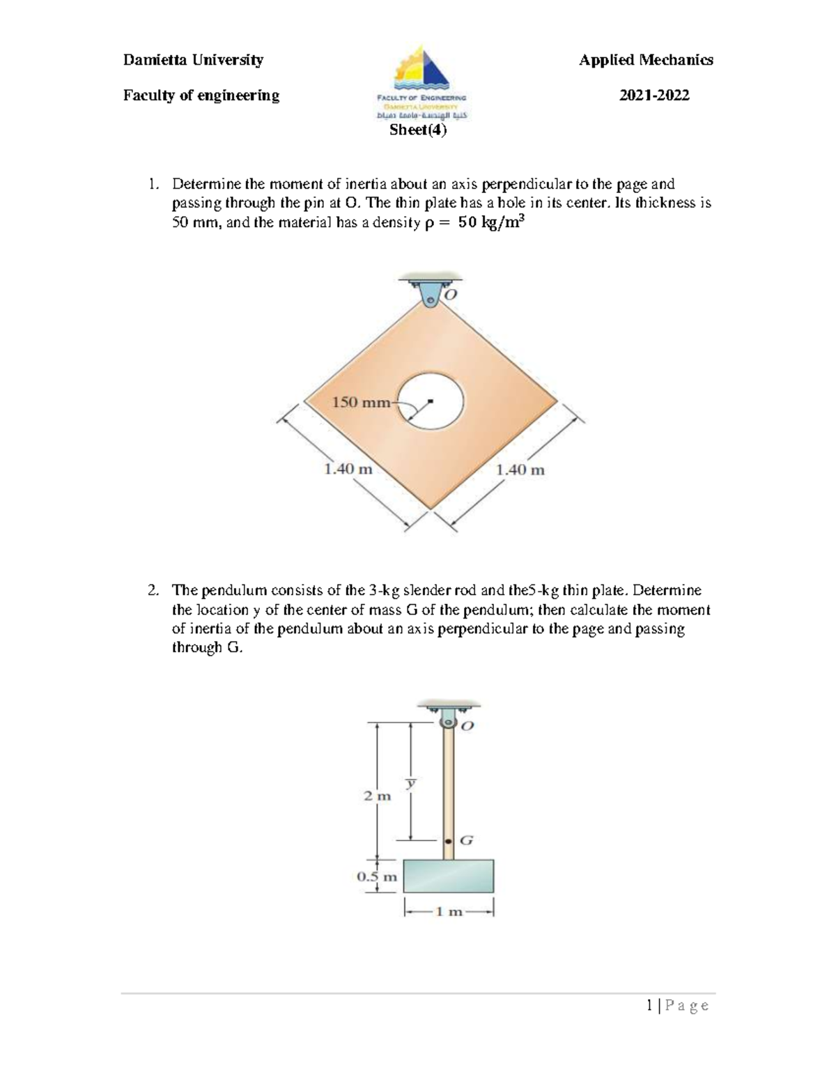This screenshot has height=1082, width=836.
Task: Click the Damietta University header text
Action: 193,60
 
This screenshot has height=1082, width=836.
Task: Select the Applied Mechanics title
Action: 646,60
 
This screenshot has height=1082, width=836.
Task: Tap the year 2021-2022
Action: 654,95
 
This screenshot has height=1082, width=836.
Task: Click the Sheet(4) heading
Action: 418,130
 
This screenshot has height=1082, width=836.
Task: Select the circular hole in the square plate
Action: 431,400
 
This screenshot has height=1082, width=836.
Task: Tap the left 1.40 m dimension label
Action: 348,469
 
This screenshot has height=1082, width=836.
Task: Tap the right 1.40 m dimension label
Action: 520,470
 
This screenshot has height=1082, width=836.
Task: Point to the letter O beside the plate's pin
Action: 451,295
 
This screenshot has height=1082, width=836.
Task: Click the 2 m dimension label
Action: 377,796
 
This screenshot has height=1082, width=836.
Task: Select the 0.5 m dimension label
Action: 377,876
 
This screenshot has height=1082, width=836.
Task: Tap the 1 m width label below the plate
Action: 449,911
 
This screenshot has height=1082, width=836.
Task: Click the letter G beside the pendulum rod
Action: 466,840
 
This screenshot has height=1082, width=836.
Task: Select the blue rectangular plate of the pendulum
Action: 449,876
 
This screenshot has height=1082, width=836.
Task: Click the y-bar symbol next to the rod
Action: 411,783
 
